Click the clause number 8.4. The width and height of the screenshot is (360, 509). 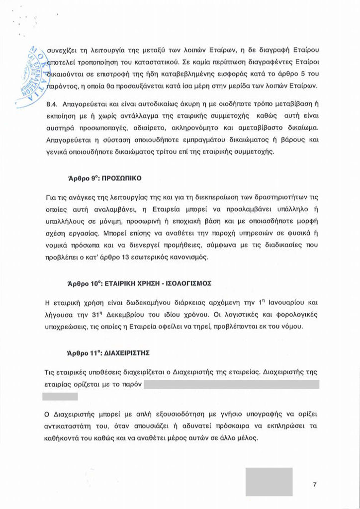(51, 105)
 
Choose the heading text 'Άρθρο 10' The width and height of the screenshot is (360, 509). (82, 283)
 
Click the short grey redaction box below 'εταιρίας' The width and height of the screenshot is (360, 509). (60, 396)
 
